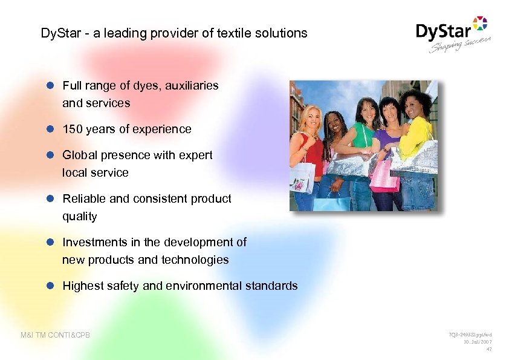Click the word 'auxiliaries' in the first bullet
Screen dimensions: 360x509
pyautogui.click(x=190, y=86)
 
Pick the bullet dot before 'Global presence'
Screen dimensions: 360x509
pyautogui.click(x=51, y=155)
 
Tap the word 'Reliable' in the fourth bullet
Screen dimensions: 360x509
pyautogui.click(x=82, y=198)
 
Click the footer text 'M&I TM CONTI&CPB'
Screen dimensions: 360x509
pyautogui.click(x=55, y=335)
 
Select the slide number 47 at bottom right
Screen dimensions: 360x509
pyautogui.click(x=488, y=349)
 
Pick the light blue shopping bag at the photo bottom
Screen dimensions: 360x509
pyautogui.click(x=331, y=203)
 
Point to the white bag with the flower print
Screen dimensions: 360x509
pyautogui.click(x=302, y=178)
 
